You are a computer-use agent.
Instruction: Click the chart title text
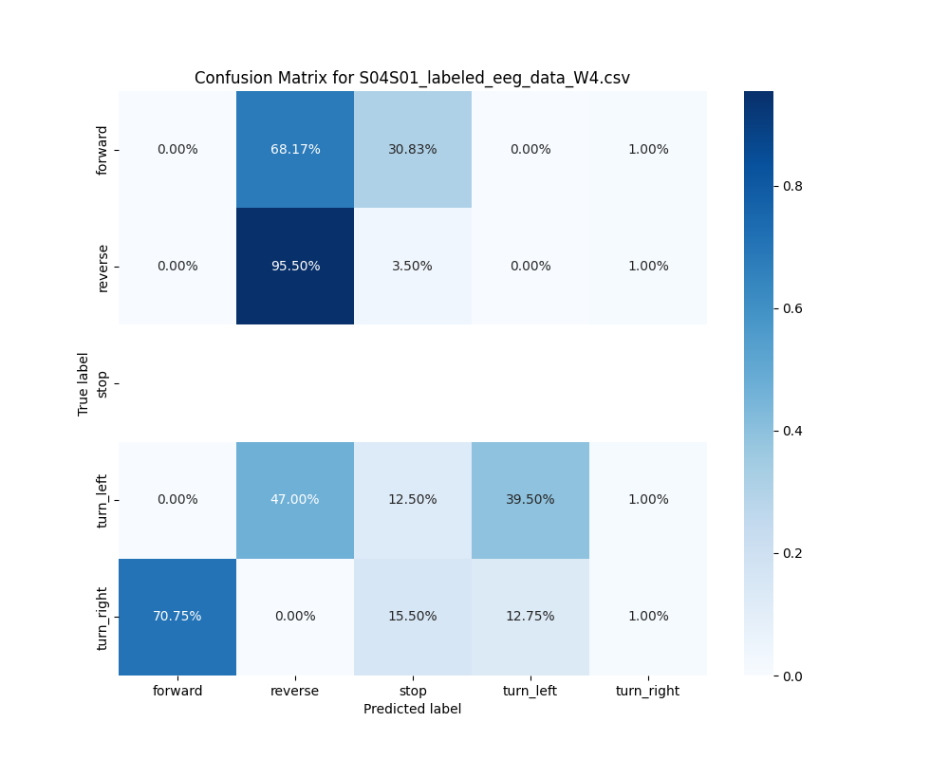[x=412, y=78]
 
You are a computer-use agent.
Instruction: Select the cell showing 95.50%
[x=295, y=266]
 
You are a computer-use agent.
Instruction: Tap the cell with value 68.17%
[x=295, y=149]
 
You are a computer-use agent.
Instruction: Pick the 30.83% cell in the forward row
[x=413, y=149]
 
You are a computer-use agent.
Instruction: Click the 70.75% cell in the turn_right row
[x=177, y=616]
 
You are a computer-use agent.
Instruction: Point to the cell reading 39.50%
[x=530, y=499]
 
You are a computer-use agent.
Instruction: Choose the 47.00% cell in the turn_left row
[x=295, y=499]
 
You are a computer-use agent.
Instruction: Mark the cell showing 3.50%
[x=413, y=266]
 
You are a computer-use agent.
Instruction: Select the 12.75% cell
[x=530, y=616]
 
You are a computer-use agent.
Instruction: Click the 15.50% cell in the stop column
[x=413, y=616]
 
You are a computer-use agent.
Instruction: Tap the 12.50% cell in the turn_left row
[x=413, y=499]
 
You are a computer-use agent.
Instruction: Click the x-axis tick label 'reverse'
[x=295, y=691]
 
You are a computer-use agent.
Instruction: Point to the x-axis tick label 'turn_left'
[x=530, y=691]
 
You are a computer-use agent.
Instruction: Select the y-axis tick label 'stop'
[x=102, y=383]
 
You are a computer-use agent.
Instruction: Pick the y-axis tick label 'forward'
[x=102, y=150]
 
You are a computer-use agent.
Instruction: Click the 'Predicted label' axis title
[x=412, y=709]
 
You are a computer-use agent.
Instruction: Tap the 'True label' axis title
[x=84, y=383]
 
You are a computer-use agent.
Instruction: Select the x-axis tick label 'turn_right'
[x=647, y=691]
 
